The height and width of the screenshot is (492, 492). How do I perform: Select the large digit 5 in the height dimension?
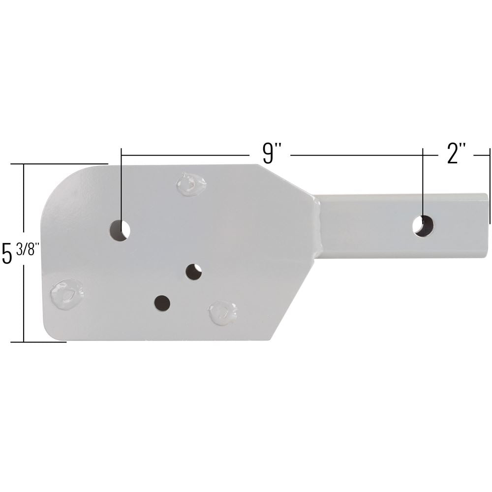tap(7, 253)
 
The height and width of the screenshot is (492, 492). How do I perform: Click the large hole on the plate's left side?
tap(120, 230)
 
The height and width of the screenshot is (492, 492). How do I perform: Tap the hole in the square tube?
tap(423, 225)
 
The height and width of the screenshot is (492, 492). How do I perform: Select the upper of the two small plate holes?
tap(193, 272)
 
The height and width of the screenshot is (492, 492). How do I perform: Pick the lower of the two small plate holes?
tap(162, 303)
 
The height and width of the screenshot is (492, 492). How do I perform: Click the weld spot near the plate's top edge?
tap(191, 184)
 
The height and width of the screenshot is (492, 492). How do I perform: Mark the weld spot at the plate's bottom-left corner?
tap(66, 294)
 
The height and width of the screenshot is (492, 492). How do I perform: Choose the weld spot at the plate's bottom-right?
tap(222, 312)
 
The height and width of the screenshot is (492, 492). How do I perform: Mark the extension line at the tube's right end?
tap(490, 187)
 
